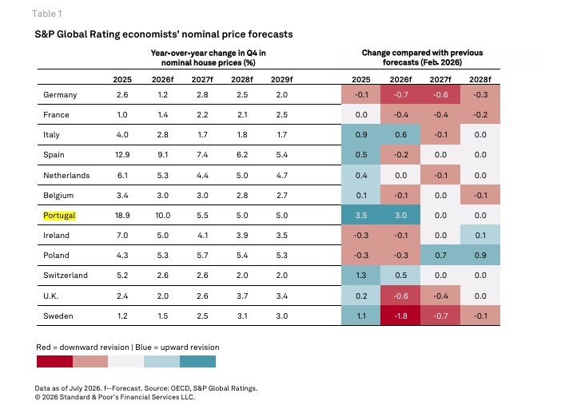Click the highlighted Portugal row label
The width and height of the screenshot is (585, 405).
(x=59, y=216)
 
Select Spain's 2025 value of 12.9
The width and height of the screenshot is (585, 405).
(x=122, y=155)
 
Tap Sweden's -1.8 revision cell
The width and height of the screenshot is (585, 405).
(x=400, y=316)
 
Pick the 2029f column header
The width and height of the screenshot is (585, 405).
(x=281, y=79)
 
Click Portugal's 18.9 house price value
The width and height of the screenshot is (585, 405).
(x=122, y=216)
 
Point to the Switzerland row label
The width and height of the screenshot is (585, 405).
(x=66, y=276)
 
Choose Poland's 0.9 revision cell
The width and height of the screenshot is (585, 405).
(x=480, y=256)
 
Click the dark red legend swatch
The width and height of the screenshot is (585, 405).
(x=54, y=361)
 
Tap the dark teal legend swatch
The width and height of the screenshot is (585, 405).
(x=197, y=361)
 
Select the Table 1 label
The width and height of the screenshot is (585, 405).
(x=47, y=14)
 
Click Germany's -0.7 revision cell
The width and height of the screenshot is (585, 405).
(x=400, y=95)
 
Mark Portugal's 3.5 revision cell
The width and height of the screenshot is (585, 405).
(x=361, y=215)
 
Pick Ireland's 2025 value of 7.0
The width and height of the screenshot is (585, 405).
(x=122, y=236)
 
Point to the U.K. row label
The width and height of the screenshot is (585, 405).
(x=50, y=296)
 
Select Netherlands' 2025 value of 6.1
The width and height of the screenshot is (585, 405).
(x=122, y=175)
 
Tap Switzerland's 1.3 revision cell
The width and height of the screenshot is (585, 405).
(x=361, y=276)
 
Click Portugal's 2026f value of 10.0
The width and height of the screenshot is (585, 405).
(x=163, y=216)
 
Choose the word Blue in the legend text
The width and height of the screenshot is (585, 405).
(x=143, y=347)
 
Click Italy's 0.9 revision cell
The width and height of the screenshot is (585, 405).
(x=361, y=135)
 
